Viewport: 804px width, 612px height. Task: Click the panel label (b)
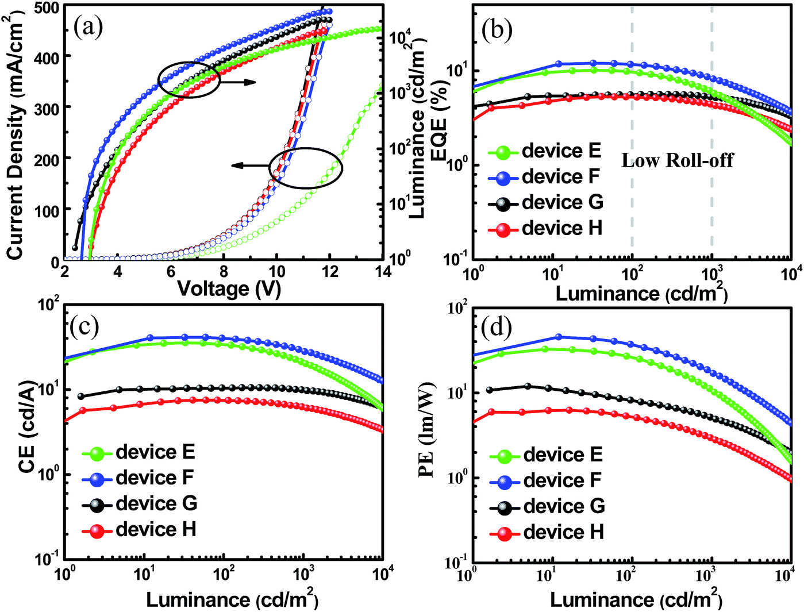click(x=497, y=30)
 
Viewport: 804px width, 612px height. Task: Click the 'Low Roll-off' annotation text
click(x=677, y=160)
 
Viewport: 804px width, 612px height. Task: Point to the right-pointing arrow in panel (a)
click(x=238, y=82)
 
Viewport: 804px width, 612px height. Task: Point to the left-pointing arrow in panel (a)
click(x=251, y=166)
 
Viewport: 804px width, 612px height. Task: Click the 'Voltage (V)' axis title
click(x=229, y=288)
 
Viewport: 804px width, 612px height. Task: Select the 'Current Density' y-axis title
click(x=16, y=138)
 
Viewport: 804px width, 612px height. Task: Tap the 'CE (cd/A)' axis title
click(x=27, y=425)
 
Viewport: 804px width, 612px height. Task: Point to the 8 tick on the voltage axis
click(x=224, y=272)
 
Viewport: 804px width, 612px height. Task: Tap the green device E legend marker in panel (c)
click(x=97, y=453)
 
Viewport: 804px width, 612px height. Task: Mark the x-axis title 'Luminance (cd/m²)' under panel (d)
click(x=636, y=600)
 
